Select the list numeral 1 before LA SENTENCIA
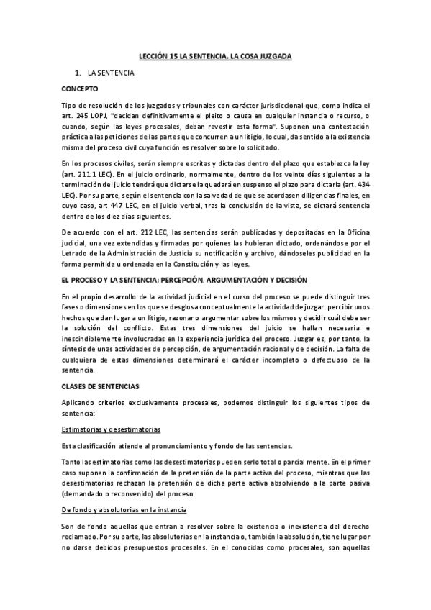point(76,73)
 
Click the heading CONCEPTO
point(81,89)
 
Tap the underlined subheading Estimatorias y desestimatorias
point(110,428)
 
